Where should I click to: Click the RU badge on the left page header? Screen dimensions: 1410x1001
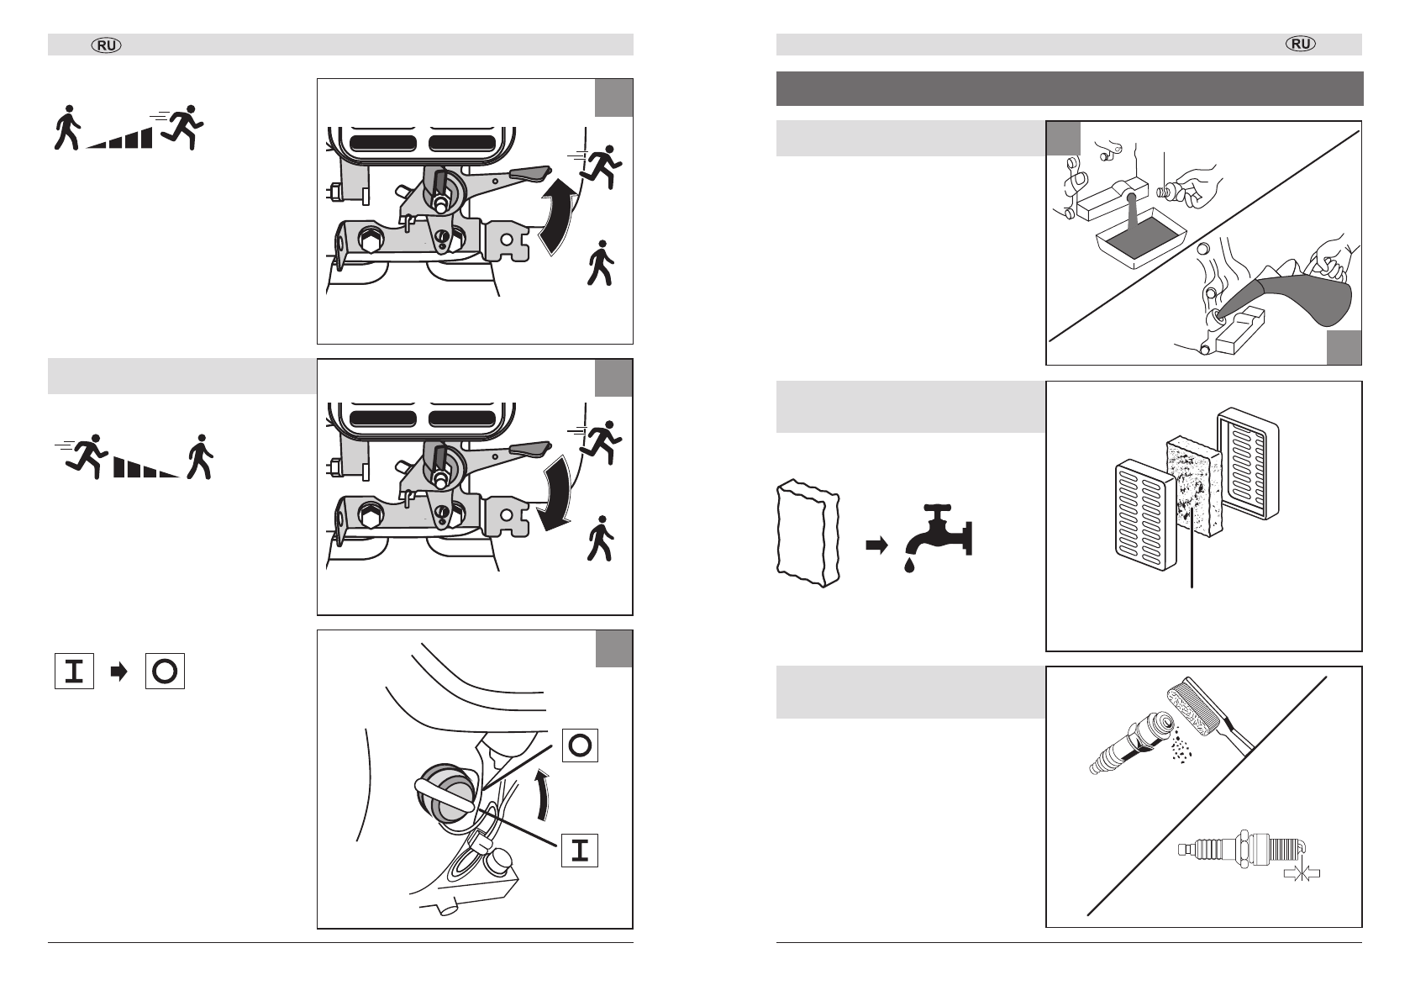pyautogui.click(x=106, y=45)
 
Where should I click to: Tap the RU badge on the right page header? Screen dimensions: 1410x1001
pyautogui.click(x=1302, y=45)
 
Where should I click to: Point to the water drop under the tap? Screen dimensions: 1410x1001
pyautogui.click(x=909, y=566)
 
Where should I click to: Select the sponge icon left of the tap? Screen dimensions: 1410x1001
pyautogui.click(x=806, y=532)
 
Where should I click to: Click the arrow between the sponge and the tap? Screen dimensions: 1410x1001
pyautogui.click(x=876, y=545)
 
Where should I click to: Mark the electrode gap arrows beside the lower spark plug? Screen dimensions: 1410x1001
pyautogui.click(x=1302, y=874)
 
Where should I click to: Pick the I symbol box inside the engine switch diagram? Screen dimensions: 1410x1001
pyautogui.click(x=579, y=851)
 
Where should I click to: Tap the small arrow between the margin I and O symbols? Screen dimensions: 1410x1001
pyautogui.click(x=119, y=672)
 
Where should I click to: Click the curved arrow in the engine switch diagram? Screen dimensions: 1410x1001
pyautogui.click(x=545, y=795)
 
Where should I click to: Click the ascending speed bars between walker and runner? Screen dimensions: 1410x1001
pyautogui.click(x=121, y=139)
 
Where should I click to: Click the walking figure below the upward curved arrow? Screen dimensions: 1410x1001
pyautogui.click(x=601, y=263)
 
